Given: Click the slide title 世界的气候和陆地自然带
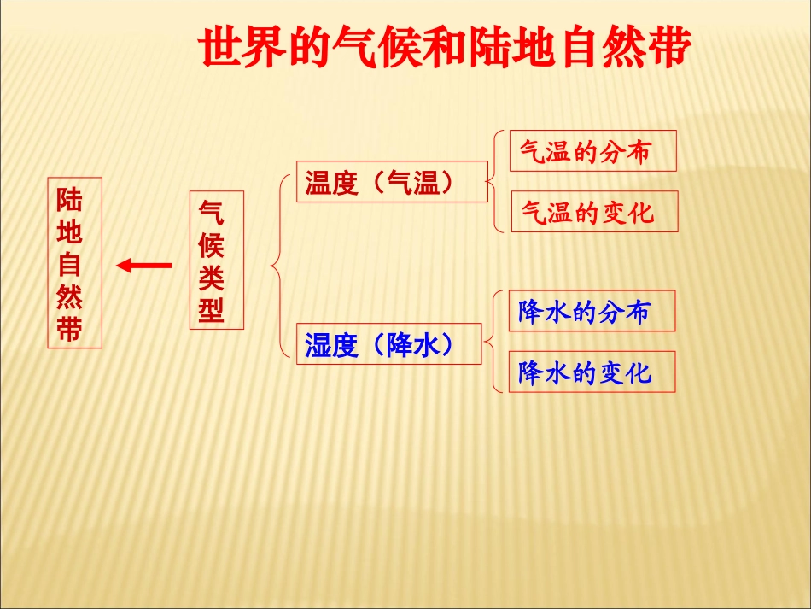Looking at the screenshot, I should coord(444,49).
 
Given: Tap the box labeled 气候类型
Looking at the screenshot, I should coord(216,260).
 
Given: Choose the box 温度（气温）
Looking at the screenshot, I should coord(392,181).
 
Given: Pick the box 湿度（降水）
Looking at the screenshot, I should coord(389,344).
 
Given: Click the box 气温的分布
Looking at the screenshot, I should coord(592,151).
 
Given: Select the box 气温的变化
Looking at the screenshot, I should coord(593,212).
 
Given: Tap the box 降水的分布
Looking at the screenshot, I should coord(592,311).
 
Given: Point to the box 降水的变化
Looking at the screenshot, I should coord(592,372).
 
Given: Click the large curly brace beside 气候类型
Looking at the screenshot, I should coord(277,265).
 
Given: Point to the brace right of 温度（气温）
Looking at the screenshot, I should coord(495,180).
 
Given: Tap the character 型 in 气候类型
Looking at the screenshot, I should coord(213,310).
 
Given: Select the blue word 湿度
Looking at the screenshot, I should coord(331,346).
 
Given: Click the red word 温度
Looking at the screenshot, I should coord(331,183).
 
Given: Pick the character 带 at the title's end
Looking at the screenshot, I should coord(666,49).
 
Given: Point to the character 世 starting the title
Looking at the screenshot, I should coord(221,49).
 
